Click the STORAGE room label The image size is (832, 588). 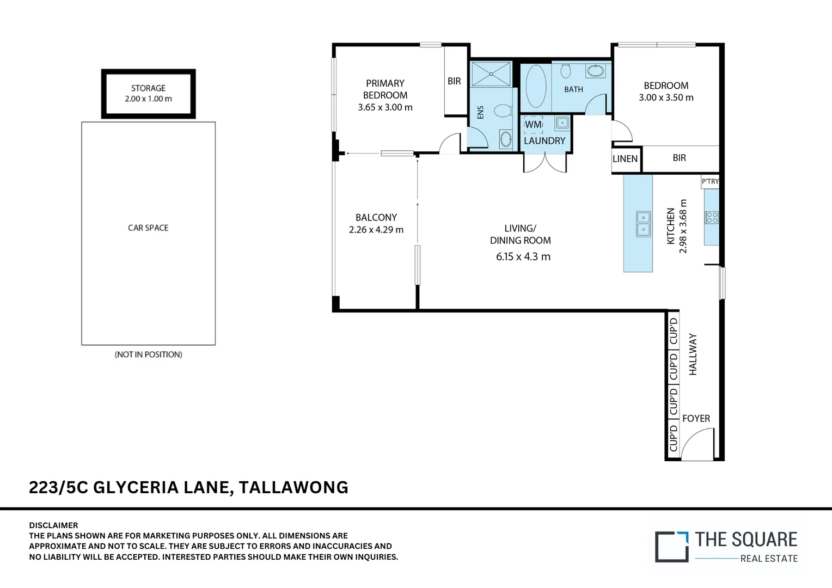pos(148,88)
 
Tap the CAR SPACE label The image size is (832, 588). pos(148,228)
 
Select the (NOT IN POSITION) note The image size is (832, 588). pos(148,354)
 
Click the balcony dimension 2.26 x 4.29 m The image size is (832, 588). pos(376,230)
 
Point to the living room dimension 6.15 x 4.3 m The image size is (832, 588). pos(523,256)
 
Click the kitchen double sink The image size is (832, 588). pos(643,223)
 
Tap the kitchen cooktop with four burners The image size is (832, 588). pos(712,217)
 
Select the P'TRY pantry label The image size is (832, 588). pos(710,181)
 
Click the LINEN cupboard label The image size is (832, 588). pos(625,159)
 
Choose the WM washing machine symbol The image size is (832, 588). pos(533,125)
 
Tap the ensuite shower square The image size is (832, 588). pos(491,74)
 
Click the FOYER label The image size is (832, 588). pos(696,418)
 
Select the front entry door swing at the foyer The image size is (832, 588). pos(698,444)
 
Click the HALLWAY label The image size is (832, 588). pos(693,354)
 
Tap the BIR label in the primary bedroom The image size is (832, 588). pos(454,81)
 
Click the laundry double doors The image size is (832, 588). pos(545,163)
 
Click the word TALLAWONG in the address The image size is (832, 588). pos(293,487)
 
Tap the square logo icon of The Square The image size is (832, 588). pos(671,546)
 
